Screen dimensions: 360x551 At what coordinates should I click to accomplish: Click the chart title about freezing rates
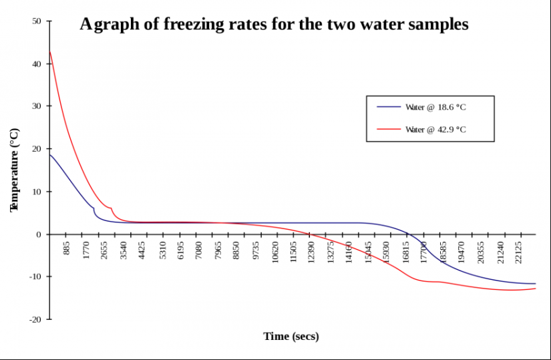click(x=274, y=25)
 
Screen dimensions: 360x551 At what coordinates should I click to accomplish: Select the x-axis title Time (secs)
click(x=291, y=336)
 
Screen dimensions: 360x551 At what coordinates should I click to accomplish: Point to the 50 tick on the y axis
click(x=37, y=21)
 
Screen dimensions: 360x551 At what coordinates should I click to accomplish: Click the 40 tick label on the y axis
click(x=37, y=64)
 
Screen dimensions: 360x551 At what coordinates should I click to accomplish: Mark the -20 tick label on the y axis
click(x=35, y=319)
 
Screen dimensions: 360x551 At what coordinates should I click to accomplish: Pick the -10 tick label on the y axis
click(x=35, y=277)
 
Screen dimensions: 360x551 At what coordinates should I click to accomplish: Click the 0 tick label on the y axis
click(x=39, y=234)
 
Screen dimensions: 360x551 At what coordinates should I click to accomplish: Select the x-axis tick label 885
click(x=67, y=249)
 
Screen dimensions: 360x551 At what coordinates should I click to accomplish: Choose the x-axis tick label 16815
click(x=407, y=252)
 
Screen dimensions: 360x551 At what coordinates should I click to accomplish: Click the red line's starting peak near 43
click(x=50, y=51)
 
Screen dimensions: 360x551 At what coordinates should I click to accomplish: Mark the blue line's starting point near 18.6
click(x=50, y=155)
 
